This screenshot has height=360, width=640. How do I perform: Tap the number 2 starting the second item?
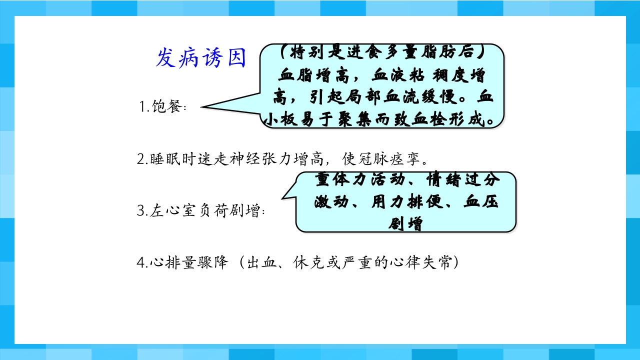click(140, 160)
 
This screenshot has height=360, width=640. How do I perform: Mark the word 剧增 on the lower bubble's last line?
click(405, 223)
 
